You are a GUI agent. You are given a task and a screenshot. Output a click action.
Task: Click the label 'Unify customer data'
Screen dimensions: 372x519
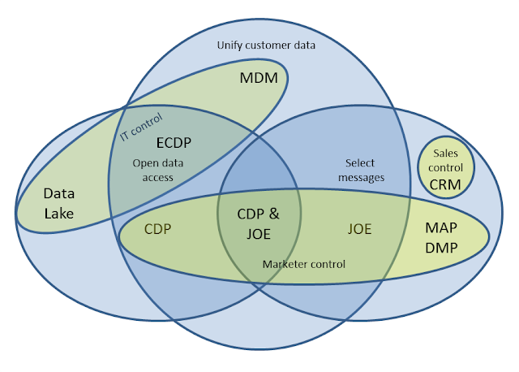click(x=266, y=45)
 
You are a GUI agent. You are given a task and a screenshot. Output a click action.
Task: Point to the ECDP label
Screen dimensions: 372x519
click(x=174, y=141)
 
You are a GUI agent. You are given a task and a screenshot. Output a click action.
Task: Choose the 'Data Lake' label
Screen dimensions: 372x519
click(x=58, y=204)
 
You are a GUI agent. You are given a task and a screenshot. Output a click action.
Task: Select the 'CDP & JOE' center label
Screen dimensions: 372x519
click(x=259, y=223)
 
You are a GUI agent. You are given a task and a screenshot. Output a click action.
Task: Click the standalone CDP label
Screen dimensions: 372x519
click(x=159, y=228)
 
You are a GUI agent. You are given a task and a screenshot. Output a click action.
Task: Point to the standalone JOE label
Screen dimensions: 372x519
click(x=359, y=229)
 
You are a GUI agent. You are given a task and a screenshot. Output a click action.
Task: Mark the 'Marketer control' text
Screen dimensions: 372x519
click(x=304, y=264)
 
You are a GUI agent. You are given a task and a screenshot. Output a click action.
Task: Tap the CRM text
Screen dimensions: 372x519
click(x=445, y=184)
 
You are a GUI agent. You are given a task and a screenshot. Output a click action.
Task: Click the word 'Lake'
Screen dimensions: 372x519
click(x=58, y=214)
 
